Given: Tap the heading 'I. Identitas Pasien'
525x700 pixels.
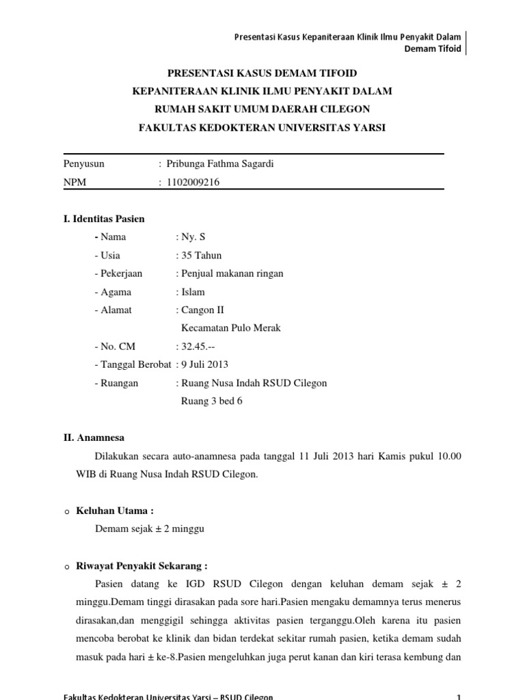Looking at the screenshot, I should point(104,219).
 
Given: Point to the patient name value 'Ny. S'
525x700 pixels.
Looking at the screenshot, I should point(193,237).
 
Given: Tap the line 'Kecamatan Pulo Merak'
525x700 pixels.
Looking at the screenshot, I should point(230,328).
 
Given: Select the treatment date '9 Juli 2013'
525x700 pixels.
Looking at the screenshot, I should point(206,364).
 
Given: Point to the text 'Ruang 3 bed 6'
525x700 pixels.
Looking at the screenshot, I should point(211,401).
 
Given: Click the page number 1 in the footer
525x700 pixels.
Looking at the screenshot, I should point(459,696).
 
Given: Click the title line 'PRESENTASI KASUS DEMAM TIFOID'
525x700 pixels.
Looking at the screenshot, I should point(262,73).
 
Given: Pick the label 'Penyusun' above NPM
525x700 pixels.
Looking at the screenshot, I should point(84,163).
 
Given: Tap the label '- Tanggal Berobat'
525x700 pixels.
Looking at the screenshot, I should point(133,364).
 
